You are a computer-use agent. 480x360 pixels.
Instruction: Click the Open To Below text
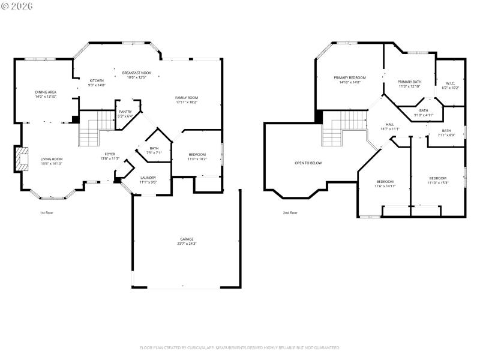pyautogui.click(x=308, y=163)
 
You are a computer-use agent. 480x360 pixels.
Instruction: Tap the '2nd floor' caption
pyautogui.click(x=290, y=212)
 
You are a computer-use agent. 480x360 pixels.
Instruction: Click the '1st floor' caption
pyautogui.click(x=47, y=212)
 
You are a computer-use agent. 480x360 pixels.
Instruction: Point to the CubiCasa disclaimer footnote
pyautogui.click(x=240, y=347)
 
